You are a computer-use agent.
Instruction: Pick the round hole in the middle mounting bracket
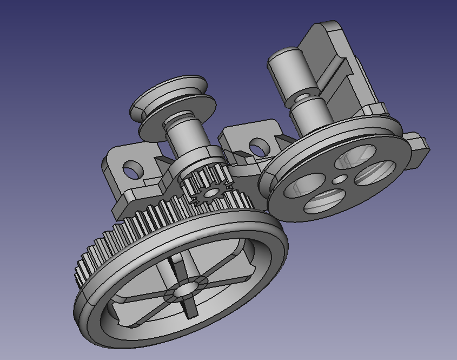(260, 147)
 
